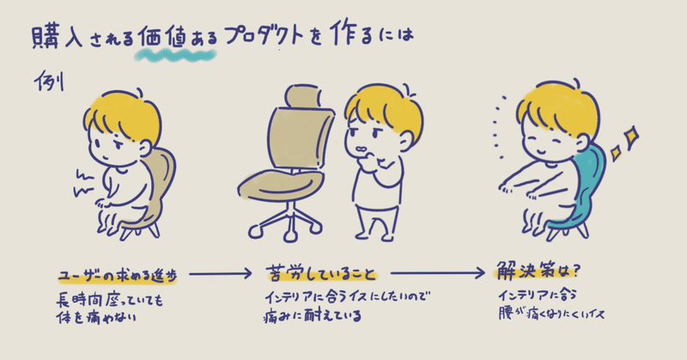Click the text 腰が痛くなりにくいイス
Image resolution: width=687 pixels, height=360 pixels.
tap(546, 314)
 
